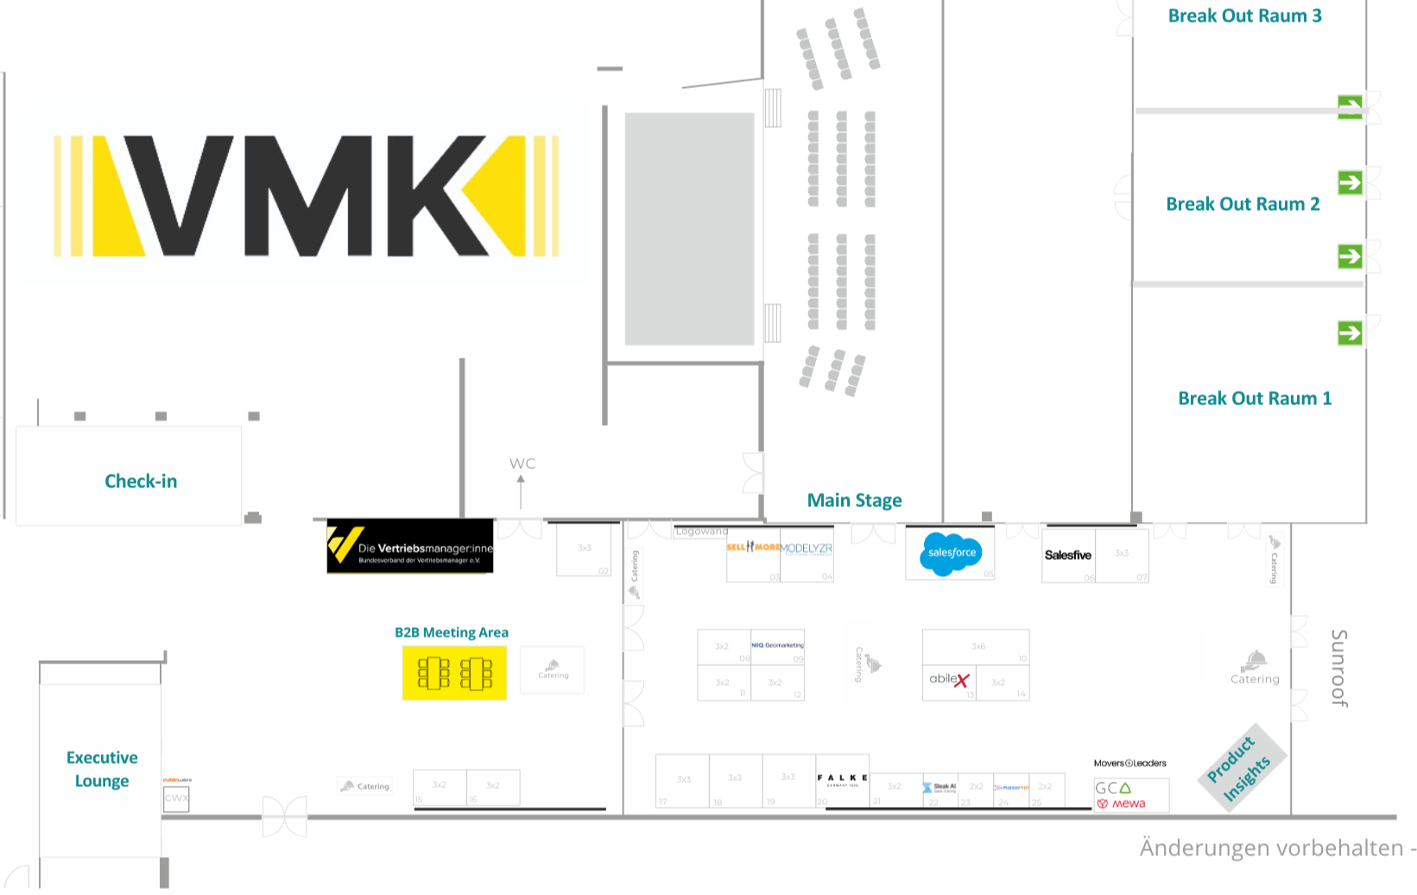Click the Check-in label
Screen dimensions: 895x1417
pos(141,481)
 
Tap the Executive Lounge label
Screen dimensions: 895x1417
pos(102,769)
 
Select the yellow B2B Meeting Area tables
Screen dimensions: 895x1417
pos(454,673)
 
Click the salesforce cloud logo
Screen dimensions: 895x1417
pos(952,553)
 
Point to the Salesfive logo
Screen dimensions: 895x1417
pos(1068,555)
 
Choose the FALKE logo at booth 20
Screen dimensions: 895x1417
pos(842,778)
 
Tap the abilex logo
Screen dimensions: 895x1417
pos(949,680)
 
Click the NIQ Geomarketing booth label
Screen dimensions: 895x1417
pos(777,645)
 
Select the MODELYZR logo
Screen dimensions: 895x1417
pos(807,549)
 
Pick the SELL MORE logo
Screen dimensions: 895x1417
pos(753,547)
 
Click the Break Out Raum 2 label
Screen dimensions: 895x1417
pos(1243,205)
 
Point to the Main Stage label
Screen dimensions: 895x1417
pos(854,501)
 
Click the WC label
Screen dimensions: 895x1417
pos(522,464)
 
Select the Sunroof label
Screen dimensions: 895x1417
pos(1339,668)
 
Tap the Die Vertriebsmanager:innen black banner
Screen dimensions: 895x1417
pos(410,546)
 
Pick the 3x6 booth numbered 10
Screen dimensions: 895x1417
pos(976,646)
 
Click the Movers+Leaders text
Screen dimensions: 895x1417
pos(1129,764)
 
